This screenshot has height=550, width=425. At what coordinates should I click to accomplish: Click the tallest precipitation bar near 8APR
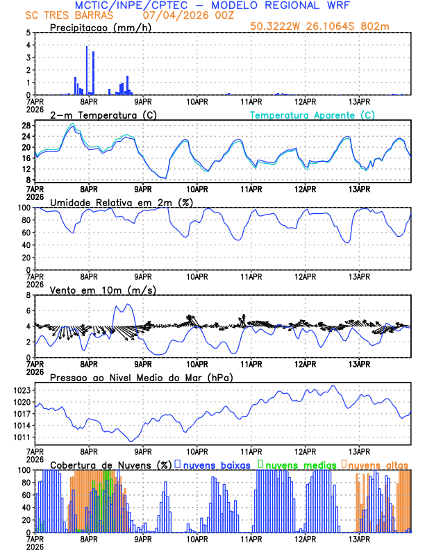click(87, 69)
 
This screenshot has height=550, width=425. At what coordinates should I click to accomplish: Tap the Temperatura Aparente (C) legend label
click(312, 115)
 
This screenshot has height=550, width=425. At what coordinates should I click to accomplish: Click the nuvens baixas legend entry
click(212, 464)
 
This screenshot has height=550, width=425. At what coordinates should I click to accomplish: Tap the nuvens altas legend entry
click(375, 464)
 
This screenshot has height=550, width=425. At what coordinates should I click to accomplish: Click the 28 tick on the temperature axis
click(26, 126)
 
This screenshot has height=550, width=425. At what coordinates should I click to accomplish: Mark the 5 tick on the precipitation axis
click(28, 33)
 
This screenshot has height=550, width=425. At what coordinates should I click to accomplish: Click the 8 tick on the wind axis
click(28, 295)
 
